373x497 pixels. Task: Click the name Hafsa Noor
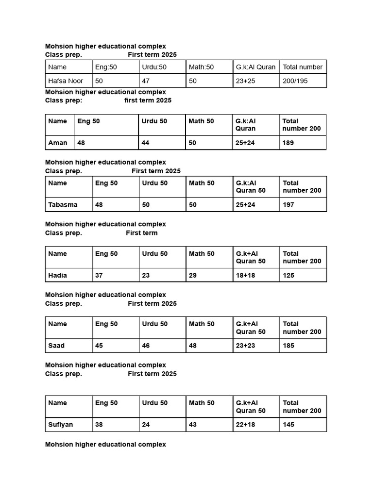66,81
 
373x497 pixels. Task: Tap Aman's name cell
58,143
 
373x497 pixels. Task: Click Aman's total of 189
288,143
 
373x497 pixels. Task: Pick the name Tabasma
63,205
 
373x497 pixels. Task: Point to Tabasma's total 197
288,205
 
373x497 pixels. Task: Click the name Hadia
58,275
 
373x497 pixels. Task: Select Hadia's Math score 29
194,275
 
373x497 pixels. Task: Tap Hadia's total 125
288,275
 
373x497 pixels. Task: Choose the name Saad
56,346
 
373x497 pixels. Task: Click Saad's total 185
288,346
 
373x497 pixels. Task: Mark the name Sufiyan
61,425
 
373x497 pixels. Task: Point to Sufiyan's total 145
288,425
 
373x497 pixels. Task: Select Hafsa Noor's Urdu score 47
146,81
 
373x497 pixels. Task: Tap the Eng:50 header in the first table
106,67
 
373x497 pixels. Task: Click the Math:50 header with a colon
201,67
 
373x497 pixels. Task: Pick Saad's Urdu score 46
146,346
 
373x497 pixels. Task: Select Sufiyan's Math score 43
194,425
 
